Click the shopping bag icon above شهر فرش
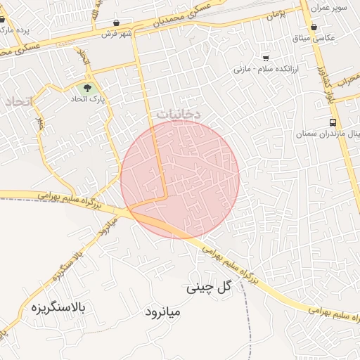tap(116, 22)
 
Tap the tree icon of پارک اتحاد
tap(87, 89)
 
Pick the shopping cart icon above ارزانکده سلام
tap(266, 58)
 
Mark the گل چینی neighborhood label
tap(209, 287)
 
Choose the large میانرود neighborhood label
tap(163, 311)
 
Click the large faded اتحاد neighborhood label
tap(18, 103)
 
